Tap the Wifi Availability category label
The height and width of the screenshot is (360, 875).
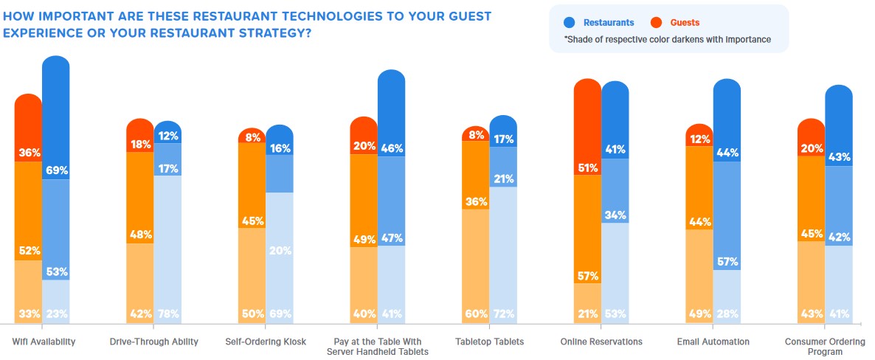click(x=44, y=342)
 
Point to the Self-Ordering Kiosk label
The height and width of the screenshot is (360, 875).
click(x=266, y=342)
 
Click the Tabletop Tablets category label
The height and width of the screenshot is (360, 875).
click(x=490, y=342)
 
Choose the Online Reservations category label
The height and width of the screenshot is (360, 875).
click(x=601, y=342)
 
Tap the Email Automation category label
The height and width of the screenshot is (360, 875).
click(x=713, y=342)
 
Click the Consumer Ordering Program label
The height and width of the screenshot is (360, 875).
click(x=824, y=346)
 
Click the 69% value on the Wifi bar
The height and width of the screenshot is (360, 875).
click(x=56, y=170)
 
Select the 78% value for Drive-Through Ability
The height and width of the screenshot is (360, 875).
click(x=168, y=313)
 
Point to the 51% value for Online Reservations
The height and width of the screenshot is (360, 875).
click(x=587, y=167)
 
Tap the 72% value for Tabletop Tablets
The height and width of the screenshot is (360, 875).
click(x=503, y=313)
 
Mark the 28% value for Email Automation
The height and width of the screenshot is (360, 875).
click(x=727, y=313)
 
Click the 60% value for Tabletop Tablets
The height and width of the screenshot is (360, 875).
click(x=475, y=313)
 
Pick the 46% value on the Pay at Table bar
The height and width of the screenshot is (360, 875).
click(x=391, y=148)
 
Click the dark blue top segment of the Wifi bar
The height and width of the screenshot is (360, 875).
click(x=56, y=111)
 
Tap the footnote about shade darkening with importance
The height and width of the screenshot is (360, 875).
click(x=668, y=40)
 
